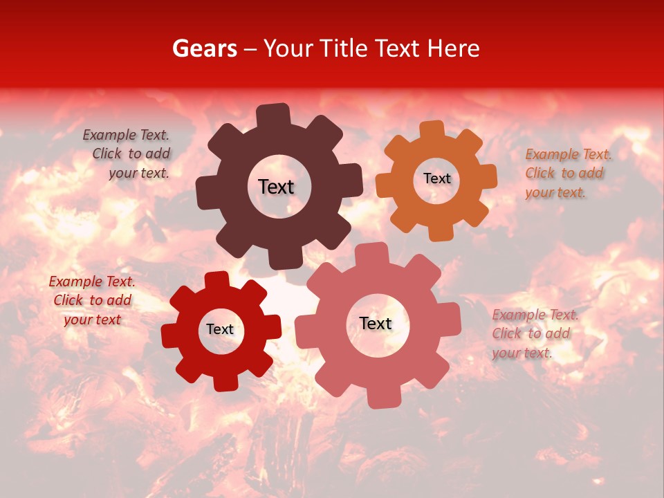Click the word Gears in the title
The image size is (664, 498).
pyautogui.click(x=204, y=48)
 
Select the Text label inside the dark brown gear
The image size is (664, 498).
pyautogui.click(x=276, y=187)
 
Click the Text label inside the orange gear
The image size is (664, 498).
pyautogui.click(x=436, y=178)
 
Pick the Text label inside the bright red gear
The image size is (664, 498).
pyautogui.click(x=220, y=329)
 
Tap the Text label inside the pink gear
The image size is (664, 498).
pyautogui.click(x=376, y=323)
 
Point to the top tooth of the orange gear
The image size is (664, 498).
pyautogui.click(x=432, y=131)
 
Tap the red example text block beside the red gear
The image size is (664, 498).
pyautogui.click(x=92, y=300)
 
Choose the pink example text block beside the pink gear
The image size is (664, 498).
pyautogui.click(x=534, y=333)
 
